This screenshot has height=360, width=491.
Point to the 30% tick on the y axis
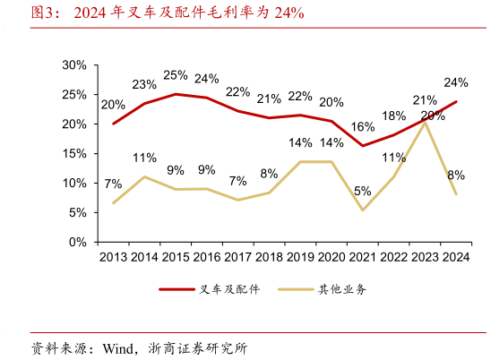pyautogui.click(x=73, y=65)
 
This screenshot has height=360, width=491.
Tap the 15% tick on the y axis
pyautogui.click(x=73, y=153)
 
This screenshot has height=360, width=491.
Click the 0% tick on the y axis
pyautogui.click(x=77, y=242)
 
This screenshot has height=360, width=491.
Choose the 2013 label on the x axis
pyautogui.click(x=113, y=258)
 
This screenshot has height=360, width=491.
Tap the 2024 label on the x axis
pyautogui.click(x=455, y=258)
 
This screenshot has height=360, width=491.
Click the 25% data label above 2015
pyautogui.click(x=176, y=75)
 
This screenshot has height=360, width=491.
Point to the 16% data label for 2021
pyautogui.click(x=363, y=126)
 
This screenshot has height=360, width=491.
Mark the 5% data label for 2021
pyautogui.click(x=363, y=190)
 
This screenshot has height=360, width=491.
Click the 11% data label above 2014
pyautogui.click(x=145, y=158)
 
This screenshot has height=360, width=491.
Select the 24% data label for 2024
pyautogui.click(x=456, y=82)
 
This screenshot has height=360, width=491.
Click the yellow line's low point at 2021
pyautogui.click(x=362, y=210)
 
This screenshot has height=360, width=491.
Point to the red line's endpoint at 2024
pyautogui.click(x=457, y=101)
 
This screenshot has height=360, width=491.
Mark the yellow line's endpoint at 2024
pyautogui.click(x=457, y=193)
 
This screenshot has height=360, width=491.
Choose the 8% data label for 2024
pyautogui.click(x=456, y=175)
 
